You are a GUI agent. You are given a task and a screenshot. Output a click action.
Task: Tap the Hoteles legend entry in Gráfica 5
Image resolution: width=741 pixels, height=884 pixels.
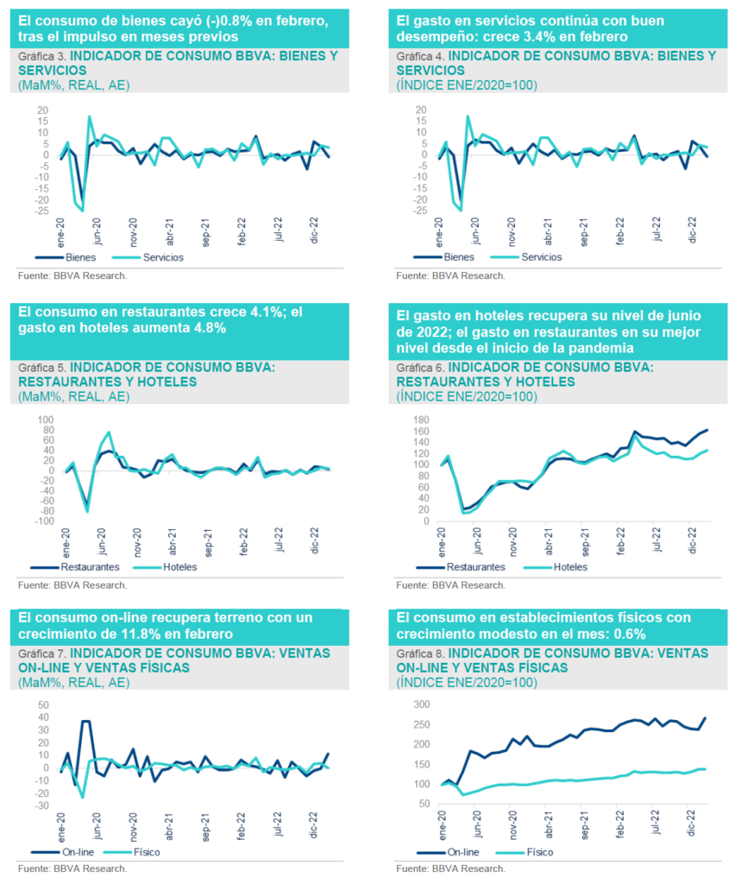pyautogui.click(x=179, y=567)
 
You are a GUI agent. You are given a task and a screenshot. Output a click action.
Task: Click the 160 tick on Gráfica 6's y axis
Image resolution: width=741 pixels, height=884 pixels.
pyautogui.click(x=419, y=431)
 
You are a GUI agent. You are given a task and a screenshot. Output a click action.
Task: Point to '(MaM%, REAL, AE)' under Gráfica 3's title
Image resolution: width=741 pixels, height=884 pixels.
pyautogui.click(x=72, y=84)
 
